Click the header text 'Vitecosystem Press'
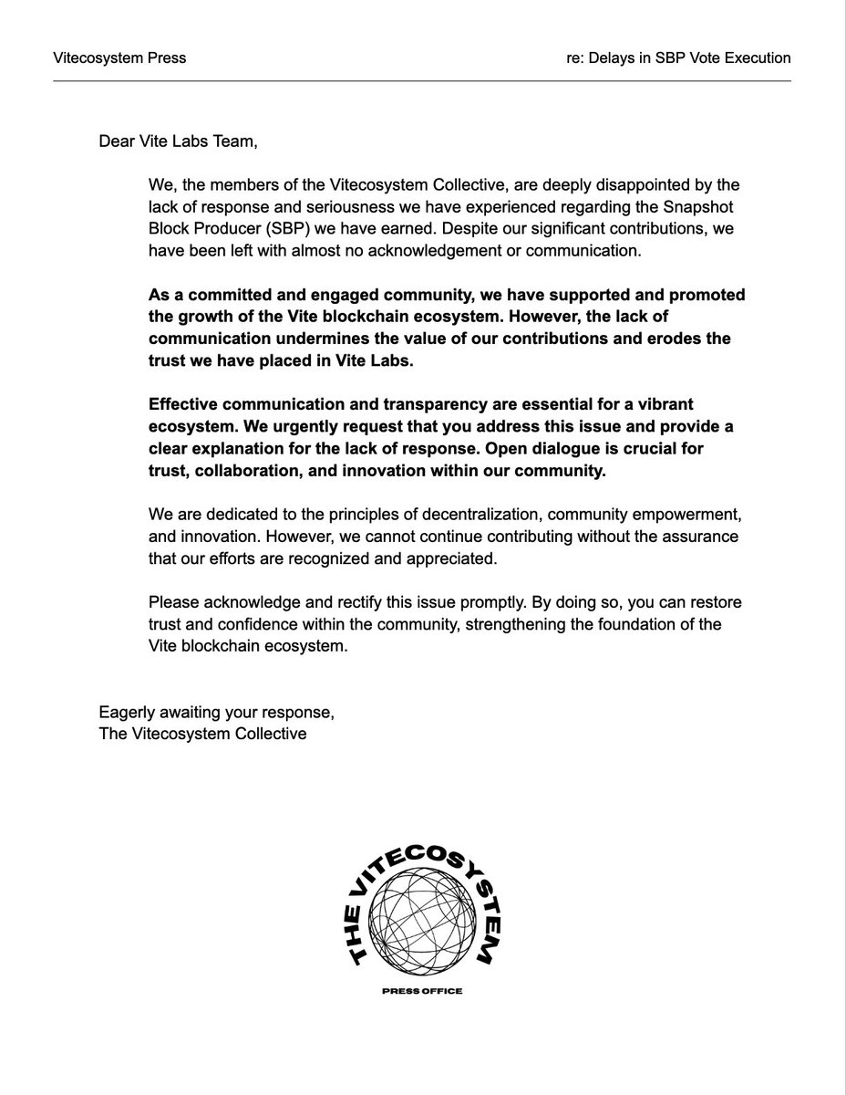pyautogui.click(x=119, y=58)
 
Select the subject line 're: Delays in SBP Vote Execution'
pyautogui.click(x=678, y=58)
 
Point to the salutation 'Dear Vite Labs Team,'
pyautogui.click(x=184, y=142)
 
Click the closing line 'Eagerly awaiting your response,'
pyautogui.click(x=211, y=712)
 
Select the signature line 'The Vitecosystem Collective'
pyautogui.click(x=202, y=734)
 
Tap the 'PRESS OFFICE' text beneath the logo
pyautogui.click(x=423, y=992)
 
